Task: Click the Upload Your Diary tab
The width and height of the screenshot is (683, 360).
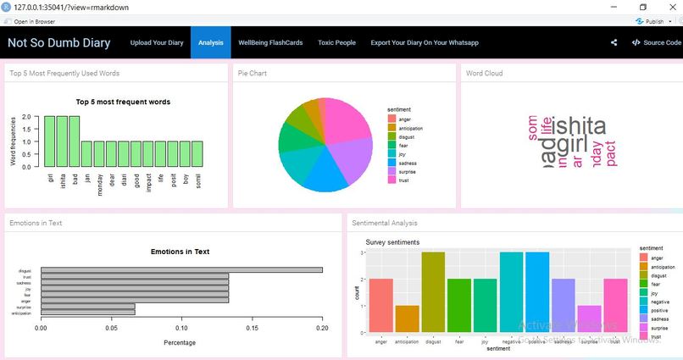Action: tap(157, 42)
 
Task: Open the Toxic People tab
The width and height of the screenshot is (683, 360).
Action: tap(336, 42)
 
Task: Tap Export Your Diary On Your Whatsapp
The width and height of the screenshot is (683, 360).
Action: tap(425, 42)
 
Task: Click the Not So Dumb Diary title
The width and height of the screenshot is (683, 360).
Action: tap(59, 42)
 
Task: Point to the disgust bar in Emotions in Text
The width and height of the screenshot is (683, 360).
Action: tap(181, 270)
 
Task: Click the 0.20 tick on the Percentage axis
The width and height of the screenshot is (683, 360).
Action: tap(322, 327)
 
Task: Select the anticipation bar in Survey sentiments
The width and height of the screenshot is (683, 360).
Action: tap(407, 318)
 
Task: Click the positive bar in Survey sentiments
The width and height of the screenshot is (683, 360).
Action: tap(537, 292)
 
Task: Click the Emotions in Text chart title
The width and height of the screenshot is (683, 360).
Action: tap(180, 252)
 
